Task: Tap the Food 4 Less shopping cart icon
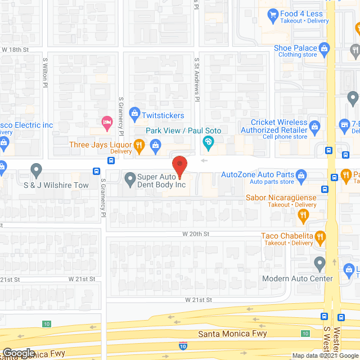(x=273, y=14)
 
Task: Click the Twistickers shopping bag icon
(x=134, y=114)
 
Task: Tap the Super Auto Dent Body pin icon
(x=130, y=180)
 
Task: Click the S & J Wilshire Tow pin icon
(x=37, y=169)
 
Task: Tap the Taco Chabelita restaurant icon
(x=320, y=237)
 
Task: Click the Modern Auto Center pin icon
(x=319, y=263)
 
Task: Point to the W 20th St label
(x=195, y=233)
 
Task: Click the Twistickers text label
(x=163, y=115)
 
